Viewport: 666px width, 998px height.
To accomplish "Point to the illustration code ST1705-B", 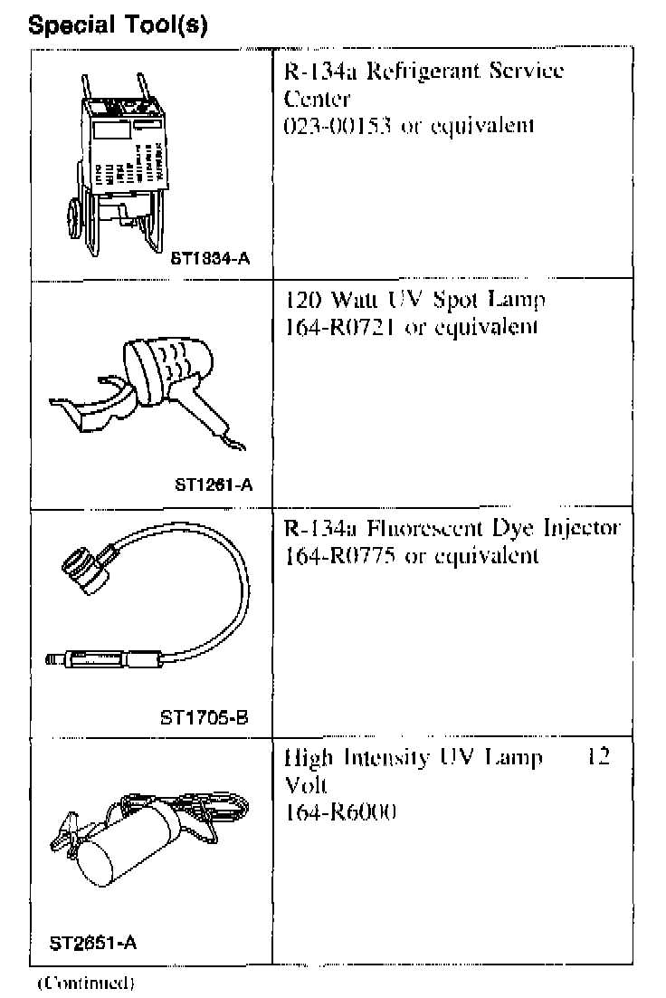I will [204, 717].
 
